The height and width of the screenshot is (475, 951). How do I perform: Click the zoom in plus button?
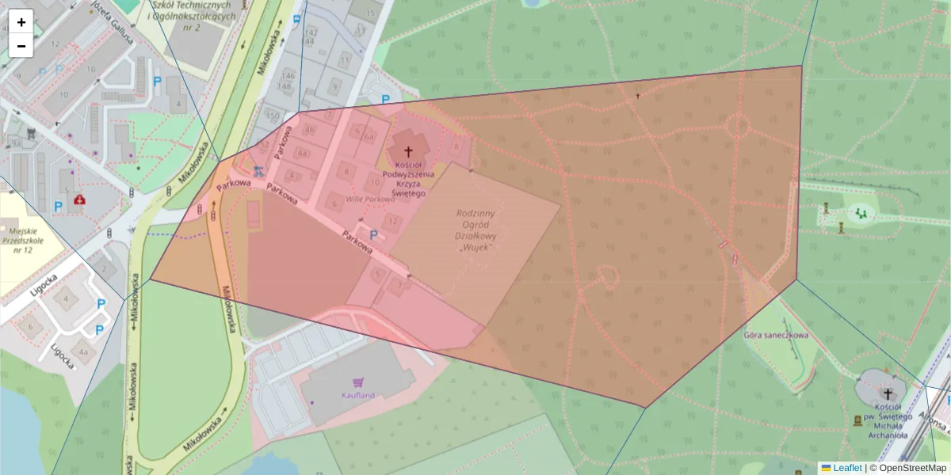tap(21, 22)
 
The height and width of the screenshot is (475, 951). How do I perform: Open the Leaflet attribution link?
tap(846, 468)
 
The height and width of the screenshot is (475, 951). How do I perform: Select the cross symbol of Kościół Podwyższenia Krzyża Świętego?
tap(409, 150)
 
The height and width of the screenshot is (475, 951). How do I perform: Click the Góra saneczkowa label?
tap(776, 335)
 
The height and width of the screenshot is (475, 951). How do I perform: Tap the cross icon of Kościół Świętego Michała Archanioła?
tap(888, 393)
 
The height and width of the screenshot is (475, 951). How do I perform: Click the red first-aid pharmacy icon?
tap(79, 200)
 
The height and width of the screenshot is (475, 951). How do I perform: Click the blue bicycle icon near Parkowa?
tap(257, 170)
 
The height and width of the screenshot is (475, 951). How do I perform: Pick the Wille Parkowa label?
tap(370, 199)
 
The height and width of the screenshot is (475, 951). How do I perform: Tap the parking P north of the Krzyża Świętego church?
tap(386, 100)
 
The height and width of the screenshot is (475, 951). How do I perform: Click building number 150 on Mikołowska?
tap(273, 116)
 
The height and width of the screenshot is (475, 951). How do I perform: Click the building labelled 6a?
tap(369, 136)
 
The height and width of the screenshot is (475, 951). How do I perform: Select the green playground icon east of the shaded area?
tap(860, 212)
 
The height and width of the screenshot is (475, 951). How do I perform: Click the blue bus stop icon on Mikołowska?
tap(297, 18)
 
